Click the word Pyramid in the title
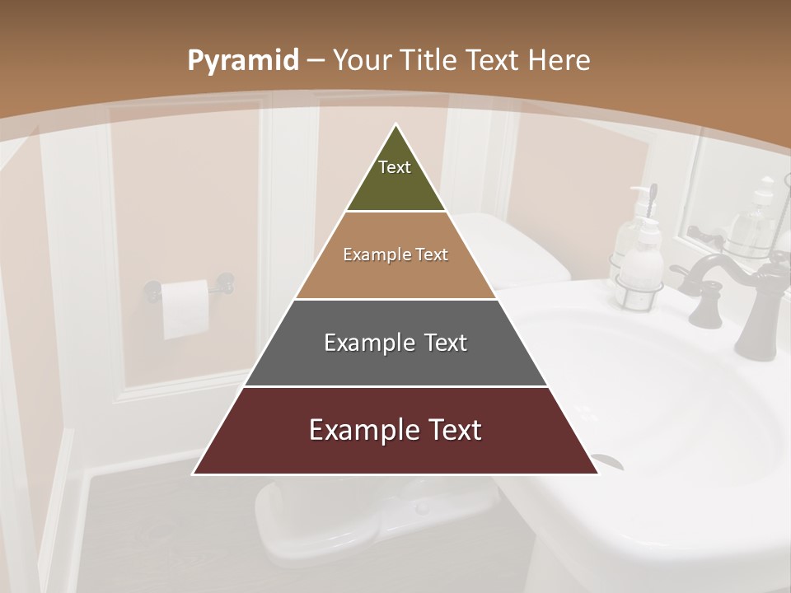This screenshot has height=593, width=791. coord(242,61)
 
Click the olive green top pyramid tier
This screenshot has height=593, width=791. coord(395,177)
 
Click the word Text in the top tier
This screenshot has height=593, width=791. coord(395,167)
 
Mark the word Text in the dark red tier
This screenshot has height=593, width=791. coord(448,430)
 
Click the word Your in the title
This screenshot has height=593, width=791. coord(358,61)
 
